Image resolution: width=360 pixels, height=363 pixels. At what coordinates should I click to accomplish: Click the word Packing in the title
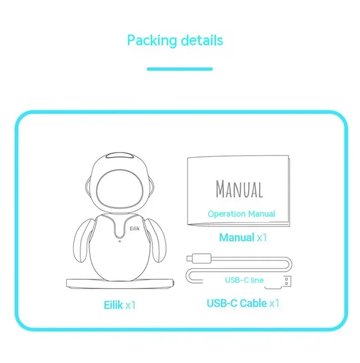(152, 41)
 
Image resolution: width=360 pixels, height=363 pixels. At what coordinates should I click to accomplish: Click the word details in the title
(202, 40)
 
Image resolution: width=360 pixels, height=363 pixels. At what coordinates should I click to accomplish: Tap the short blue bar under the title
(180, 69)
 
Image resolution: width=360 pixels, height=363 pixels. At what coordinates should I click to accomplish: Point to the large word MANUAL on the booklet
(239, 189)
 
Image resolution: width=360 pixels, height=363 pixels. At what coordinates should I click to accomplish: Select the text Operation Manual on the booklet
(242, 214)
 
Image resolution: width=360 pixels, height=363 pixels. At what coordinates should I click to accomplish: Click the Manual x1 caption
(243, 238)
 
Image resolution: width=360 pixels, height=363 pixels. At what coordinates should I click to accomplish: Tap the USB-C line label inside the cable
(244, 280)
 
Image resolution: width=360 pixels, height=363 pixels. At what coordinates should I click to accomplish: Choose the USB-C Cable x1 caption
(243, 303)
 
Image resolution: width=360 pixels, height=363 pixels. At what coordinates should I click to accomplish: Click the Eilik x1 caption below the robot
(119, 305)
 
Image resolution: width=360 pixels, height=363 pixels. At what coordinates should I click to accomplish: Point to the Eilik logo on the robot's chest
(134, 229)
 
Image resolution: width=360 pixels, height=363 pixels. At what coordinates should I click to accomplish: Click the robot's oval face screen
(119, 189)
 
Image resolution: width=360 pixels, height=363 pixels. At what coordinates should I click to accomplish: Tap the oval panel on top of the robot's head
(119, 156)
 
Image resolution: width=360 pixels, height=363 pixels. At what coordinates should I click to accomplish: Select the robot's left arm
(83, 241)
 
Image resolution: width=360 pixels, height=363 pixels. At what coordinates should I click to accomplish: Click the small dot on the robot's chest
(119, 241)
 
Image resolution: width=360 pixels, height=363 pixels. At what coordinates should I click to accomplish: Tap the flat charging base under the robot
(120, 284)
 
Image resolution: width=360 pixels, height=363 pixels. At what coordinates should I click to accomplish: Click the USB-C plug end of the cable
(199, 259)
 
